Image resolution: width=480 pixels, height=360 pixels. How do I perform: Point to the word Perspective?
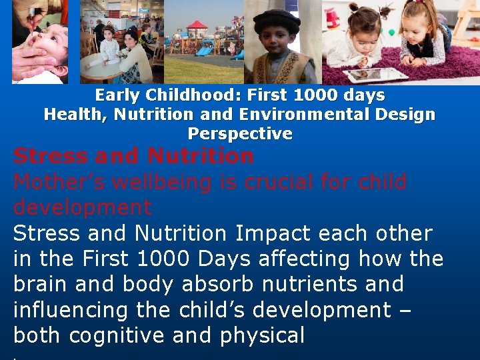(x=240, y=134)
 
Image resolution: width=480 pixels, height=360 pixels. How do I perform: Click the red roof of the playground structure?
(x=197, y=25)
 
